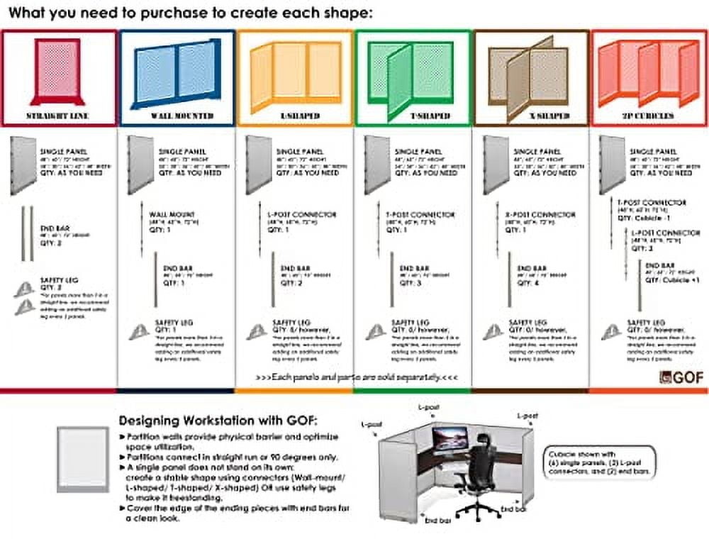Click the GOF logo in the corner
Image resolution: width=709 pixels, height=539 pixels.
pos(681,377)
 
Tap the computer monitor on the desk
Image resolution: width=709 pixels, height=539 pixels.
pos(451,440)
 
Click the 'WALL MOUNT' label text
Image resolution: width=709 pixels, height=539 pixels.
pos(172,213)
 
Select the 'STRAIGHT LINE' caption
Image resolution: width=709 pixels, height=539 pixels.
pos(58,116)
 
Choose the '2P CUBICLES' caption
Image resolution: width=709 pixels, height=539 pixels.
pos(649,115)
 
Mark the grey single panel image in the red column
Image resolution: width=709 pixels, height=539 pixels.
pos(23,165)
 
